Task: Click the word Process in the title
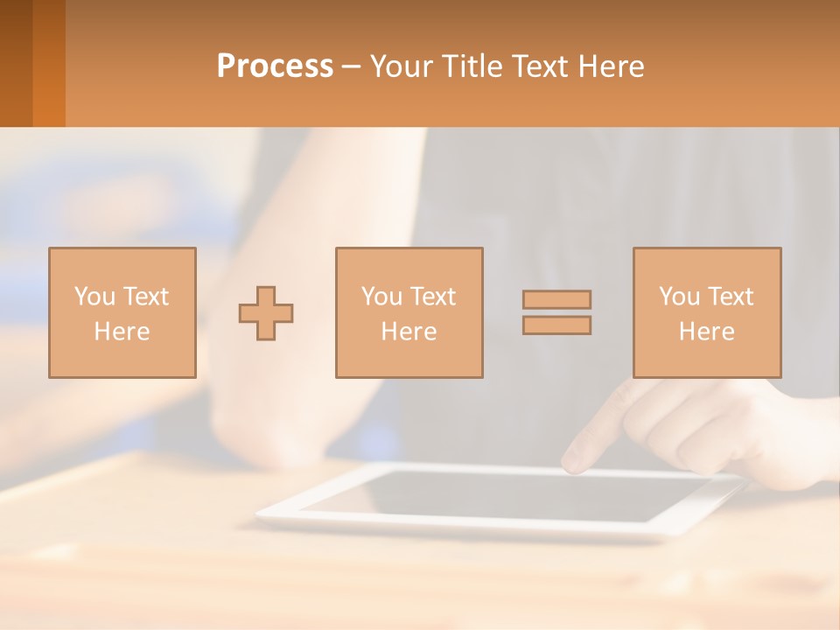(x=275, y=66)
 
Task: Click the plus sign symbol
(x=266, y=313)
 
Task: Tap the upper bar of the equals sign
(x=556, y=299)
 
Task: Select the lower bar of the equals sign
(x=556, y=325)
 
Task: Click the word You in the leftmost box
(x=93, y=297)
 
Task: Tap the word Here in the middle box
(x=409, y=332)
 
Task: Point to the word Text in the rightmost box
(x=731, y=297)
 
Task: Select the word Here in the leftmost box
(x=122, y=332)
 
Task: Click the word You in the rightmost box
(x=679, y=297)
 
